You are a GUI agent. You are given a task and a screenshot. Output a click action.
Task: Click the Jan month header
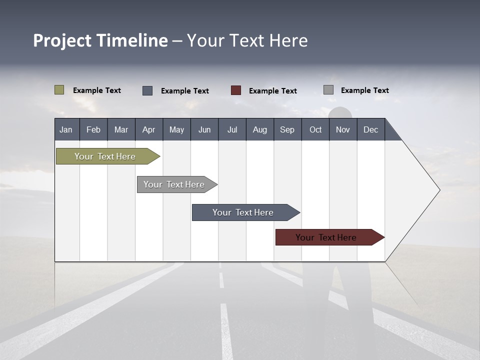(x=66, y=129)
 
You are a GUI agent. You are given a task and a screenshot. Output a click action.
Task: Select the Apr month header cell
(x=149, y=129)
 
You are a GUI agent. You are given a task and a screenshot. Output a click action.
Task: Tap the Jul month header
(x=232, y=129)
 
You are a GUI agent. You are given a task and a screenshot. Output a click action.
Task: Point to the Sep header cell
(x=287, y=129)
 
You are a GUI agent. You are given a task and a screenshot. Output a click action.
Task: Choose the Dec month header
(x=370, y=129)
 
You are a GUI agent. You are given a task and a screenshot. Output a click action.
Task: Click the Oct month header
(x=315, y=129)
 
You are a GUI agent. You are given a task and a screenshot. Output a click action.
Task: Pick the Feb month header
(x=93, y=129)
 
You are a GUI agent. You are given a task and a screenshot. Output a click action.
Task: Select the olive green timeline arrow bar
(x=105, y=156)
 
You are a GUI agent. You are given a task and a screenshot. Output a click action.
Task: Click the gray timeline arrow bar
(x=174, y=184)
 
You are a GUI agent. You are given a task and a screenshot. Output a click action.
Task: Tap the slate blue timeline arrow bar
(x=243, y=212)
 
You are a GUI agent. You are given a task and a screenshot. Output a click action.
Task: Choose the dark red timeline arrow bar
(x=326, y=237)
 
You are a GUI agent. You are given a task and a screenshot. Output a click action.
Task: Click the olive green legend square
(x=59, y=90)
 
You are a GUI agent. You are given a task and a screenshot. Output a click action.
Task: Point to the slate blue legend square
(x=147, y=90)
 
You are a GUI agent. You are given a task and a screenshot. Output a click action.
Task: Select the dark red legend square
(x=236, y=90)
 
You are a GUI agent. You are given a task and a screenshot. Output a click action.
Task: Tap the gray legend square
(x=328, y=90)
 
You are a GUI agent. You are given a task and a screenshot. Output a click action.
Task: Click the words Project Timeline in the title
(x=100, y=40)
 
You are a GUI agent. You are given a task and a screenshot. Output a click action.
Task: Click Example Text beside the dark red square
(x=273, y=91)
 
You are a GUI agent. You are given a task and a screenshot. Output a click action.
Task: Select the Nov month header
(x=343, y=129)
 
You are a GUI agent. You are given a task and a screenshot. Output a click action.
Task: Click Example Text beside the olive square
(x=97, y=90)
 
